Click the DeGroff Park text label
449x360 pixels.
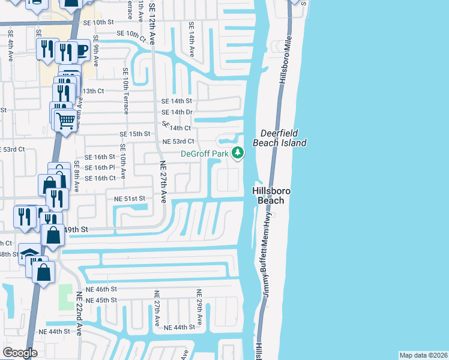point(205,154)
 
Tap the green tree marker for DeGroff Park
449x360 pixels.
point(238,153)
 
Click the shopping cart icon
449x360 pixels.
point(66,121)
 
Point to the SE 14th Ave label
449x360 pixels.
point(191,40)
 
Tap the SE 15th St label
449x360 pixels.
point(134,134)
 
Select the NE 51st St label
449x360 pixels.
point(126,198)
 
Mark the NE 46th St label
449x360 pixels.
point(100,289)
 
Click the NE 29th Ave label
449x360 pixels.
point(200,304)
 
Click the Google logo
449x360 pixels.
point(20,353)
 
